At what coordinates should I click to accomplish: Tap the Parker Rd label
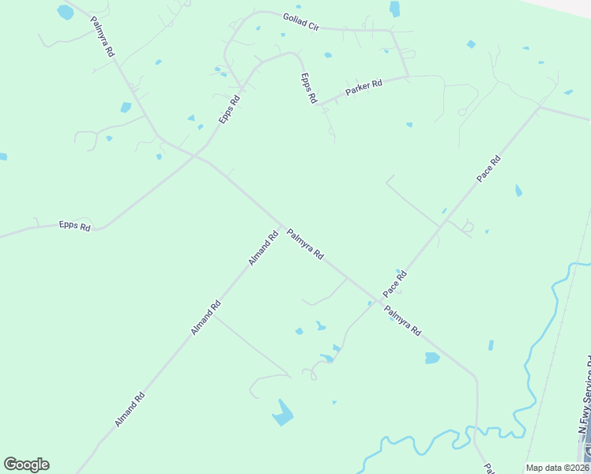363,87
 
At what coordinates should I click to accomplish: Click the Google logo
26,465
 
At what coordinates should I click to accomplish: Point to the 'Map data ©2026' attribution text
558,468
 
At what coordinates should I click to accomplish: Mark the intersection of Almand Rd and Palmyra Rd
281,225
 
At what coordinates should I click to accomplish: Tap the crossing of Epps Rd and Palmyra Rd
194,156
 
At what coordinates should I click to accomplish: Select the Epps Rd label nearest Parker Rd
308,88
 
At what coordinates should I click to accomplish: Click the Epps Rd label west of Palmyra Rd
75,226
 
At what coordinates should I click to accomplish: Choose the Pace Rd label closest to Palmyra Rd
394,284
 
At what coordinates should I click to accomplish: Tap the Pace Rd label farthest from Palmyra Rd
489,169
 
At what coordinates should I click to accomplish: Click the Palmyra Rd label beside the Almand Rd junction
305,244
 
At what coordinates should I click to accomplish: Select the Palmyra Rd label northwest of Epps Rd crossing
104,36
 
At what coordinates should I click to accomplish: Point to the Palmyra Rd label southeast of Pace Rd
403,321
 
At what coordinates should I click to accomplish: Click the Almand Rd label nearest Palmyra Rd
264,248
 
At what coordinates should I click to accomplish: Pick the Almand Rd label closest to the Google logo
130,409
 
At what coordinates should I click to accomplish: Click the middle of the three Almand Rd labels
205,318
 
